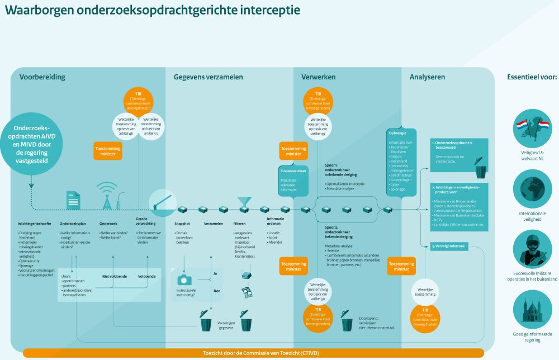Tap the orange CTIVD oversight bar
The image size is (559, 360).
253,353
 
